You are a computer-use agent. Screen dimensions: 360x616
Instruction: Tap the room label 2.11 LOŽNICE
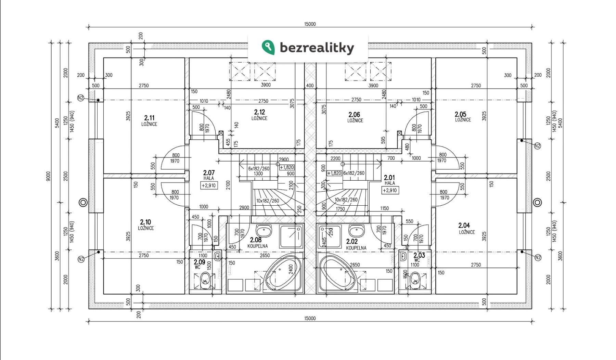click(x=149, y=120)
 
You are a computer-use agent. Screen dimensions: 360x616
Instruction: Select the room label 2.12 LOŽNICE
click(x=259, y=115)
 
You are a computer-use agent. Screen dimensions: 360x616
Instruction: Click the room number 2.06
click(x=354, y=114)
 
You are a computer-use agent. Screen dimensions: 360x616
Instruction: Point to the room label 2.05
click(x=461, y=114)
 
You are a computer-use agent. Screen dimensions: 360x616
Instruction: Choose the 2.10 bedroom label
click(x=146, y=225)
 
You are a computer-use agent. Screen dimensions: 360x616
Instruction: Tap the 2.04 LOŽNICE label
click(x=464, y=228)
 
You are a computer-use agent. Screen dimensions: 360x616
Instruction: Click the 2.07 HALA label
click(x=209, y=175)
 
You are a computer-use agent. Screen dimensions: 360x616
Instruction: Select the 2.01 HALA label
click(x=389, y=180)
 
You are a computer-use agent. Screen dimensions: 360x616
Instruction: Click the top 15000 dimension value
click(x=310, y=24)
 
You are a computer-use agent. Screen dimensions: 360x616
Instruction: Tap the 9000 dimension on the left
click(x=48, y=176)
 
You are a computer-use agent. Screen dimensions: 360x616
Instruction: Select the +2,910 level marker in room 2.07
click(x=209, y=185)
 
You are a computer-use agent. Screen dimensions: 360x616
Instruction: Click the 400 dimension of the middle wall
click(x=310, y=86)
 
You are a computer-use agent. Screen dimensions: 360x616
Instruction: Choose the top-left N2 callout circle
click(x=81, y=98)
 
